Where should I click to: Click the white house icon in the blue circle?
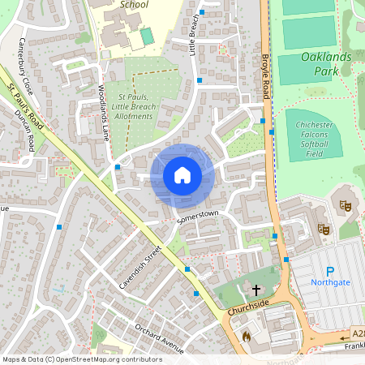182,175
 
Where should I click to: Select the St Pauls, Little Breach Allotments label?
131,105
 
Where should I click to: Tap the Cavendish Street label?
135,268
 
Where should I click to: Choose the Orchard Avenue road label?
160,334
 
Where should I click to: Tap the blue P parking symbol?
329,272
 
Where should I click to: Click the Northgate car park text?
329,282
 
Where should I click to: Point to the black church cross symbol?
257,289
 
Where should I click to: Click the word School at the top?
133,4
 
